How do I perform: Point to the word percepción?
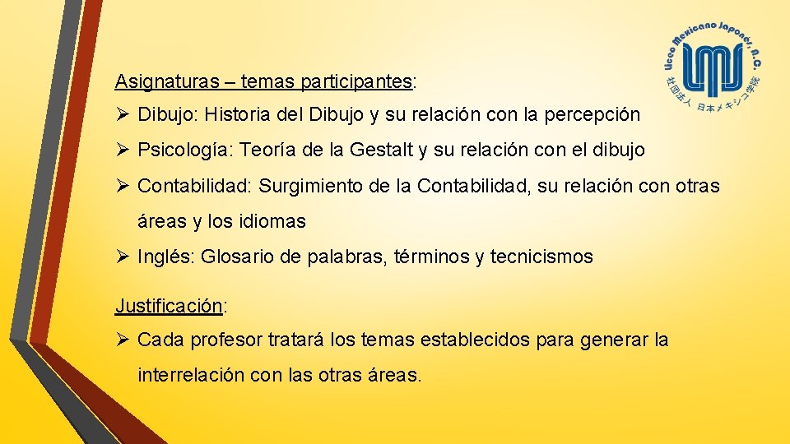click(592, 114)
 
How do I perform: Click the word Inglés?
click(164, 257)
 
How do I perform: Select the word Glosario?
click(236, 257)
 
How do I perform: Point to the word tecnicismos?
click(541, 257)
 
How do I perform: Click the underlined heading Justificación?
click(169, 306)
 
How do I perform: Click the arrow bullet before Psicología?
click(122, 150)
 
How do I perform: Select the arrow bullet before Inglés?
click(122, 257)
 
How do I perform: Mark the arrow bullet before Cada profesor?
click(122, 339)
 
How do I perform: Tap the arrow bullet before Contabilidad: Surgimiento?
click(122, 186)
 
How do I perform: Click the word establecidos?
click(481, 339)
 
